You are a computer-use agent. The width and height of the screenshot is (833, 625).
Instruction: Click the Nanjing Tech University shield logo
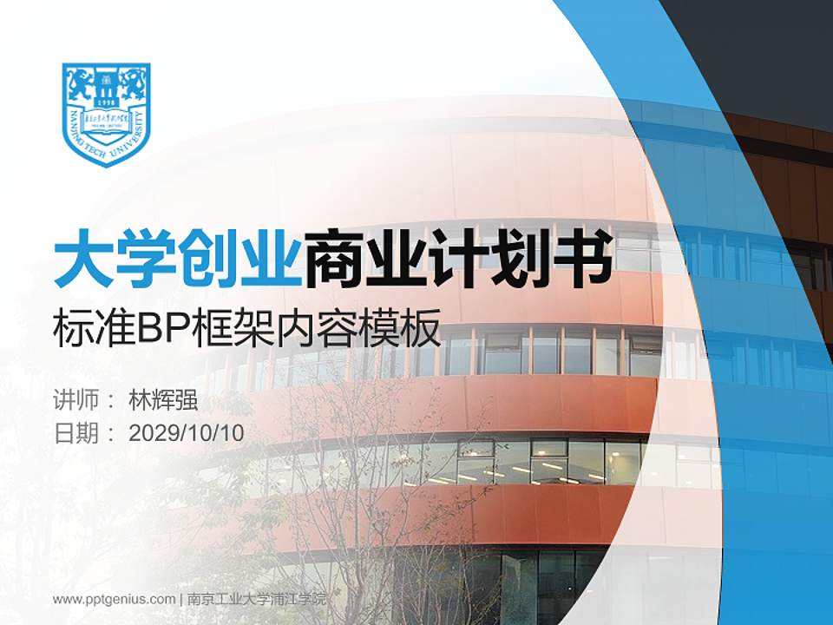(x=107, y=113)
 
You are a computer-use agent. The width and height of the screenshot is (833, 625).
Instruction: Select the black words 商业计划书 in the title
(x=459, y=258)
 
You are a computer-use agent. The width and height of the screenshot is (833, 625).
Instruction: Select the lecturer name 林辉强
(x=163, y=400)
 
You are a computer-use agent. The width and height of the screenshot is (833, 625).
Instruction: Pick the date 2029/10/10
(x=187, y=432)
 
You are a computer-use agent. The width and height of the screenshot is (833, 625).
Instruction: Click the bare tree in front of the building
(x=347, y=486)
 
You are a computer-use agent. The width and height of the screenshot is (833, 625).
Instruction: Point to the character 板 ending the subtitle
(x=422, y=330)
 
